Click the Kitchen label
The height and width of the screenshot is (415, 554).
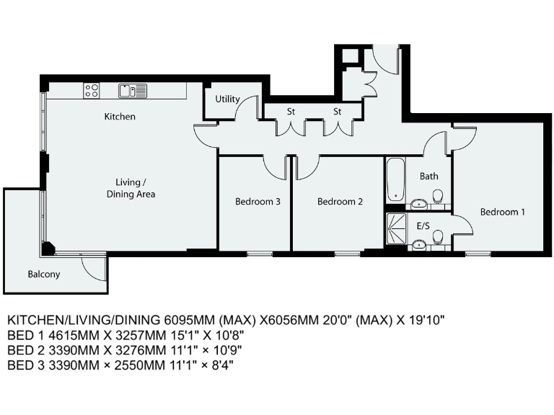pyautogui.click(x=120, y=117)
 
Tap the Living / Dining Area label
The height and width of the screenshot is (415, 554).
pyautogui.click(x=131, y=188)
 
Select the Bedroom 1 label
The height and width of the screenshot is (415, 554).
pyautogui.click(x=503, y=212)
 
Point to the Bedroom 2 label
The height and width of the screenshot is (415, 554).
pyautogui.click(x=340, y=202)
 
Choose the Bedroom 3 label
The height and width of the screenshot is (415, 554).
pyautogui.click(x=258, y=202)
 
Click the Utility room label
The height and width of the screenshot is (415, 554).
pyautogui.click(x=228, y=99)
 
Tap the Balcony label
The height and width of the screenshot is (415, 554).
pyautogui.click(x=44, y=275)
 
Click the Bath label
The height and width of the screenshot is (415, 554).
pyautogui.click(x=429, y=176)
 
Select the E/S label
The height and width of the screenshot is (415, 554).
pyautogui.click(x=423, y=226)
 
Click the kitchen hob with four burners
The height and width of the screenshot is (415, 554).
pyautogui.click(x=92, y=90)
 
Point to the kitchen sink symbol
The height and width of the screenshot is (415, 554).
pyautogui.click(x=133, y=90)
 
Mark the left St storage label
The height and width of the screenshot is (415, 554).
pyautogui.click(x=291, y=112)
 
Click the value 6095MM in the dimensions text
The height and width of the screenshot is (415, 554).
pyautogui.click(x=190, y=319)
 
